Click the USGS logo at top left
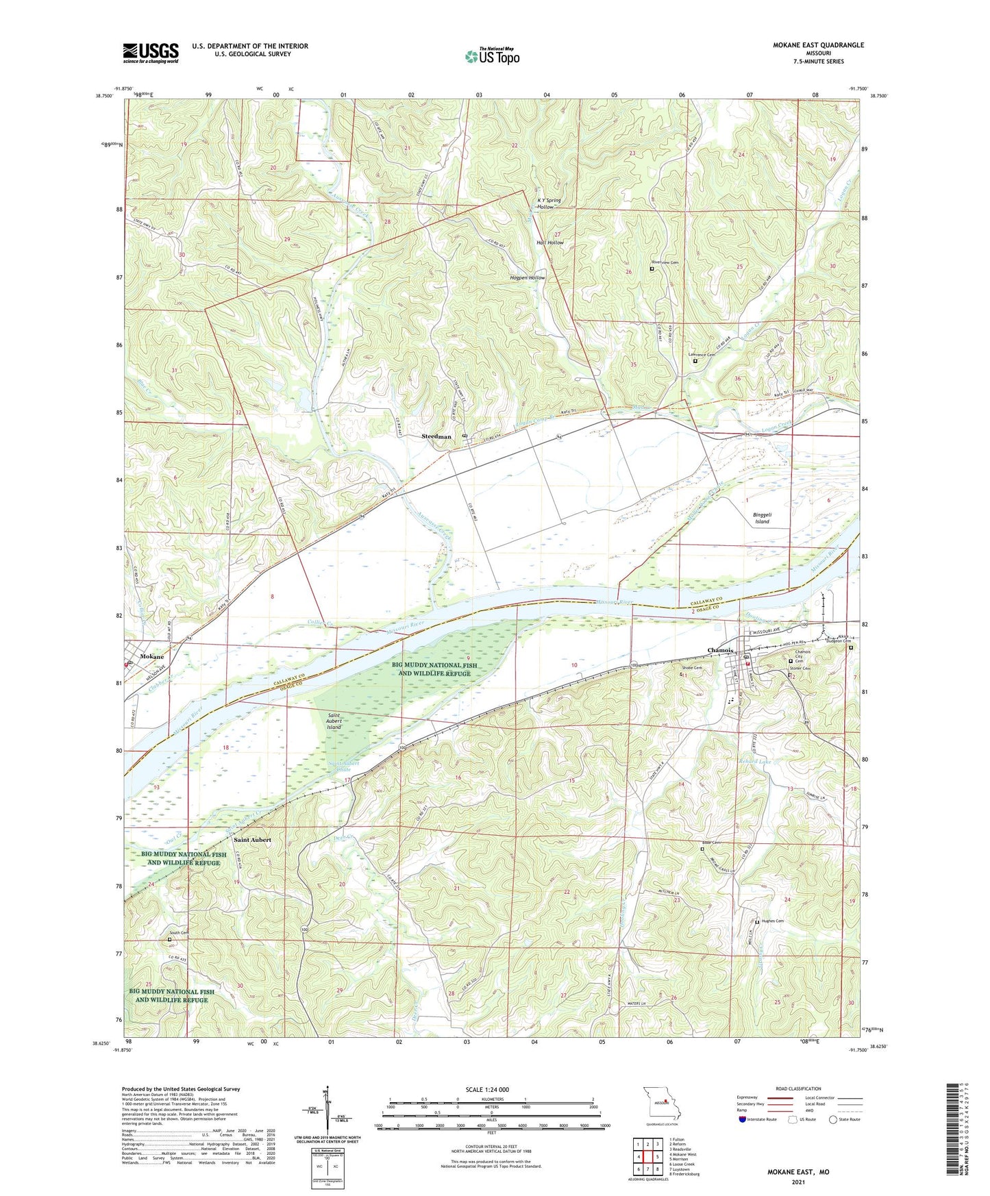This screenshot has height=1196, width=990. click(x=151, y=53)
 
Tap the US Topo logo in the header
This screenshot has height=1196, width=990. click(x=492, y=56)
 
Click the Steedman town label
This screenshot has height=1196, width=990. click(x=436, y=436)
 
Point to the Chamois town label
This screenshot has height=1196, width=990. click(x=721, y=651)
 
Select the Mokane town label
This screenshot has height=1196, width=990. click(x=151, y=656)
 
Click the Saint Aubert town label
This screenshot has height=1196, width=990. click(x=252, y=839)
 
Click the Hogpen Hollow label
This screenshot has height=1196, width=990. click(x=528, y=278)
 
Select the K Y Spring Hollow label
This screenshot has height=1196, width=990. click(x=549, y=203)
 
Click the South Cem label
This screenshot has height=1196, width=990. click(x=179, y=933)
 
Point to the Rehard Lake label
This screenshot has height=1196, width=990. click(x=755, y=762)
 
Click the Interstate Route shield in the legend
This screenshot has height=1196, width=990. click(x=743, y=1119)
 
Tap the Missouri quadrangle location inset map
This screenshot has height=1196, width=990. click(x=662, y=1103)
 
